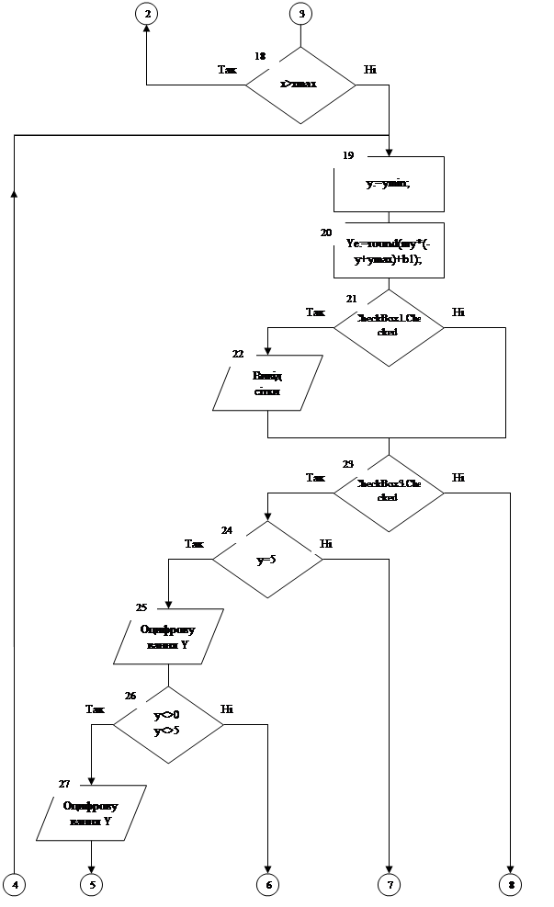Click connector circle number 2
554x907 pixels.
[148, 13]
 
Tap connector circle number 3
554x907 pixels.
[300, 13]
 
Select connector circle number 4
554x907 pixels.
[14, 884]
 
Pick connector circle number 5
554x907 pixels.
[91, 884]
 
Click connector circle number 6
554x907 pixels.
[267, 884]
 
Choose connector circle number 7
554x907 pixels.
[389, 884]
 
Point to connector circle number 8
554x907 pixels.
[511, 884]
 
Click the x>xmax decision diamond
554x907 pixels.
[300, 85]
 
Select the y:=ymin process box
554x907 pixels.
[389, 184]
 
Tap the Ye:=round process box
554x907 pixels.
[389, 250]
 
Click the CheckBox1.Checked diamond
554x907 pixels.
[388, 326]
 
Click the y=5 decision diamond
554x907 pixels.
[267, 559]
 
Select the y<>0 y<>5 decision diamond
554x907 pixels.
[168, 724]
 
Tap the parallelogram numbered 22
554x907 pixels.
[267, 382]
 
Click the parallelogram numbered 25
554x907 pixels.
[168, 636]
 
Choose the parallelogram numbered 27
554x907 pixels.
[91, 812]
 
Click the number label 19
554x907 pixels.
[349, 155]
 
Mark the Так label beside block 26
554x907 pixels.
[96, 709]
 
